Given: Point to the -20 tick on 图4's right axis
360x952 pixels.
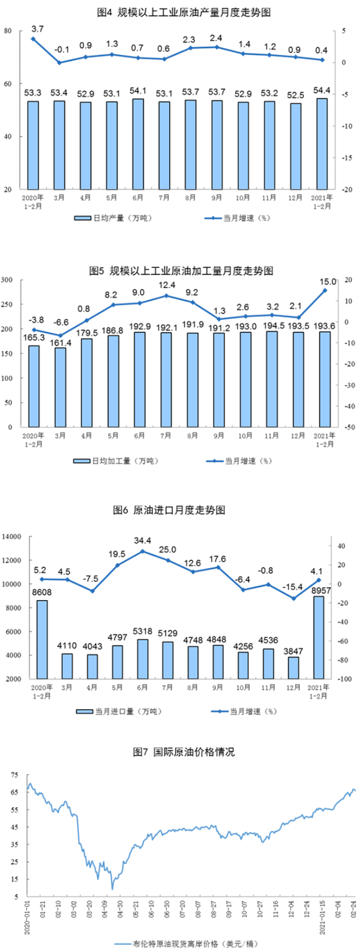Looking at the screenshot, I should coord(347,190).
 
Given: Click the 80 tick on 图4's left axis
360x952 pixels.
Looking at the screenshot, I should coord(8,30).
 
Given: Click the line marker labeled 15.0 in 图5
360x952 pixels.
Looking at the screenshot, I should coord(325,290).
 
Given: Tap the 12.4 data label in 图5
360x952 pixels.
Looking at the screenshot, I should coord(166,285).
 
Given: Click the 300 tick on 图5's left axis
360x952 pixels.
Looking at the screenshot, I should coord(8,280).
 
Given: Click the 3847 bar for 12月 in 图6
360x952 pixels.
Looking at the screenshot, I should coord(293,668).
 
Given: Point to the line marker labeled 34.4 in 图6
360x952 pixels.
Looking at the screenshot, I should coord(142,550).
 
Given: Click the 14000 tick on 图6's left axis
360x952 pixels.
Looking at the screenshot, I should coord(11,536).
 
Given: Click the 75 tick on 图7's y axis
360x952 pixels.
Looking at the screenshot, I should coord(13,775).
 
